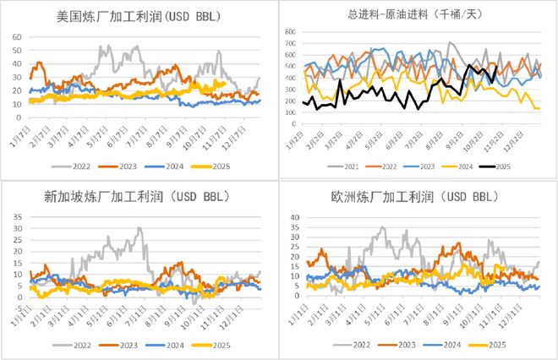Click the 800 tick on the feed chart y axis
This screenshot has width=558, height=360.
[289, 32]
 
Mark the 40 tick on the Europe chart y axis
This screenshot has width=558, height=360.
[293, 217]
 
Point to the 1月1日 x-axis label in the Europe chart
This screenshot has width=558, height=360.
[298, 316]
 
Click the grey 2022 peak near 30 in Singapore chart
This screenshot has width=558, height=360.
[139, 228]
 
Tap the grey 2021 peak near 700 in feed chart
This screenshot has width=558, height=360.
[450, 42]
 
